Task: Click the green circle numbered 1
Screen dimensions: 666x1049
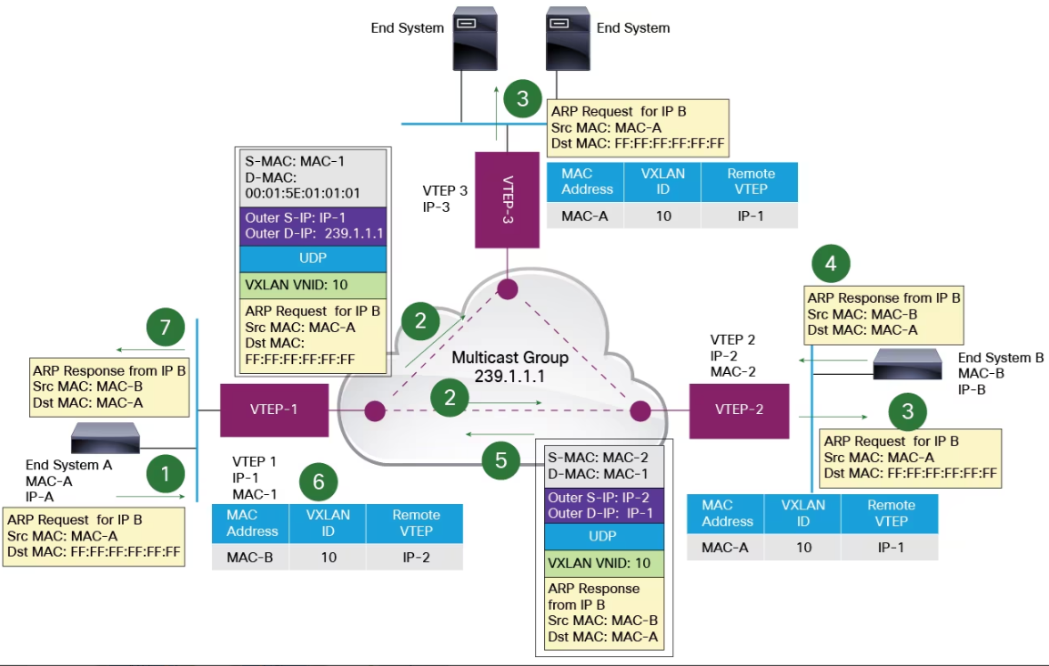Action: (x=165, y=474)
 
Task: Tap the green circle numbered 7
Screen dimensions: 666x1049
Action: (x=165, y=329)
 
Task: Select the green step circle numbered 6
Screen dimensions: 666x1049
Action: (x=318, y=482)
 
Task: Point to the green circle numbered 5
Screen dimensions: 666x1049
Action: (x=501, y=461)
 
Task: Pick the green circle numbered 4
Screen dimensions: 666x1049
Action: (x=831, y=264)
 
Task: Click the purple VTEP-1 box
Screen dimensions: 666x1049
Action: (x=274, y=410)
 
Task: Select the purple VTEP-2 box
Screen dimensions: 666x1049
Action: (x=739, y=410)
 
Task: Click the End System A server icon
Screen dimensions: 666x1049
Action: (x=106, y=439)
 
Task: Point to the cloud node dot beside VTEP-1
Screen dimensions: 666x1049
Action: (x=374, y=412)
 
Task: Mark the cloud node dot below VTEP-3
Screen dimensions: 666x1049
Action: (x=507, y=290)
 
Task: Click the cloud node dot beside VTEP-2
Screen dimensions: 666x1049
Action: (x=639, y=411)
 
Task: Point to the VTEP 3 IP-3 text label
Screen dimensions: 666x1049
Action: (x=445, y=199)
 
